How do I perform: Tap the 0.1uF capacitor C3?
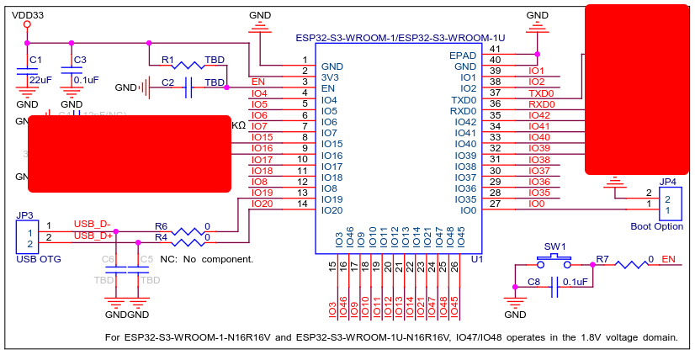pos(72,75)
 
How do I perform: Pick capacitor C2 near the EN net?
pos(188,87)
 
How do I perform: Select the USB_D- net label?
pos(91,223)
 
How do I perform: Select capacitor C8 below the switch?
pos(554,289)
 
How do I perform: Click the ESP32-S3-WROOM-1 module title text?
pos(400,38)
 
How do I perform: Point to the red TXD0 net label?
pos(540,93)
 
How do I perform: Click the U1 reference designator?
pos(476,261)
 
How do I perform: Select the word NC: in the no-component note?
pos(168,259)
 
